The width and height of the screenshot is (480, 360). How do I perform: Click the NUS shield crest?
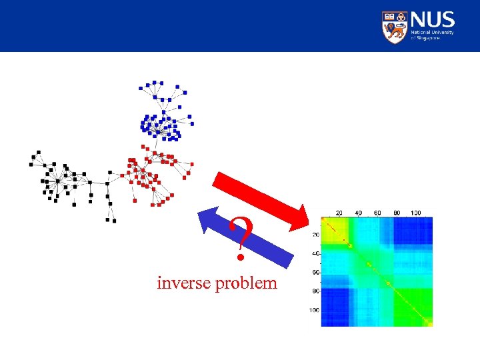[x=395, y=27]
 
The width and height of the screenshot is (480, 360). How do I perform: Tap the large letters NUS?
[x=433, y=19]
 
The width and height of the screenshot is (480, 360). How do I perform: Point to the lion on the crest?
[x=395, y=30]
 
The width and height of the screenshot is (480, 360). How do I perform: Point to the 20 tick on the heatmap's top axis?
[x=339, y=213]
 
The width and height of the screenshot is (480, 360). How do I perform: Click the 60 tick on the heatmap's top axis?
[x=377, y=213]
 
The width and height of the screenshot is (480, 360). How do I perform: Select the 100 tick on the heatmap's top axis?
[x=415, y=213]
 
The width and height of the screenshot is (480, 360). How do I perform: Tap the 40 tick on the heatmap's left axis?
[x=315, y=253]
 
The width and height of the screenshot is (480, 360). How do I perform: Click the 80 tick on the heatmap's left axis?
[x=315, y=291]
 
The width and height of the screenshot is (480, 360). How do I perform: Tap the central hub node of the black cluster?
[x=57, y=181]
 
